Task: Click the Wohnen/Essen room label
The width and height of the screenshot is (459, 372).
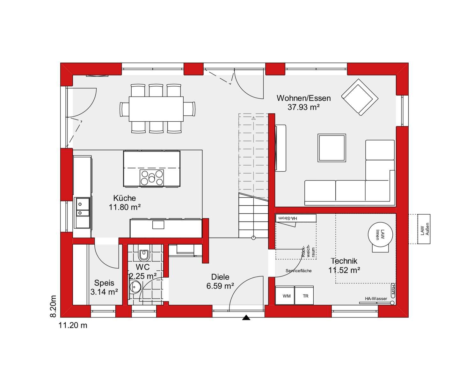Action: [x=303, y=98]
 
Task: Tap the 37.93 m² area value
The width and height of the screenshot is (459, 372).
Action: [x=303, y=107]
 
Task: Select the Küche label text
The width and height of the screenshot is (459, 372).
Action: [x=124, y=198]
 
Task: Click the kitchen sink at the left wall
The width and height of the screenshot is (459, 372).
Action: [x=82, y=207]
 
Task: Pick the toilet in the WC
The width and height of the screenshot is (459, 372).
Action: [x=144, y=254]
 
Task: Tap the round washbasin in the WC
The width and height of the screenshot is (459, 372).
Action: [x=135, y=286]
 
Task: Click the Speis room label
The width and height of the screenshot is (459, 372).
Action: [x=104, y=283]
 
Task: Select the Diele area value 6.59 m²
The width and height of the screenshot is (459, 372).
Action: [x=220, y=286]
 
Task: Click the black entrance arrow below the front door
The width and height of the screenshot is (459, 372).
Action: [x=246, y=318]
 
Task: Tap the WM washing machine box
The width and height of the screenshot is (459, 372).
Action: [x=286, y=296]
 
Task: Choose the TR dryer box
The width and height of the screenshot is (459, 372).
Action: [x=305, y=296]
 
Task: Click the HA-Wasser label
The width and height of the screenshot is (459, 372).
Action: [x=376, y=298]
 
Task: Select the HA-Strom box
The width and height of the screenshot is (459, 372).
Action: [x=296, y=218]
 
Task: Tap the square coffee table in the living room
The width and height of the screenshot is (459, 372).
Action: [x=331, y=148]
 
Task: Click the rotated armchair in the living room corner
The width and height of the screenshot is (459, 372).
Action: [x=360, y=97]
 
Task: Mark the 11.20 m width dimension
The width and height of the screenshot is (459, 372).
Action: [x=73, y=325]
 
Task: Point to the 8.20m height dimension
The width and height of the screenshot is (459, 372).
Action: [x=53, y=306]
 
